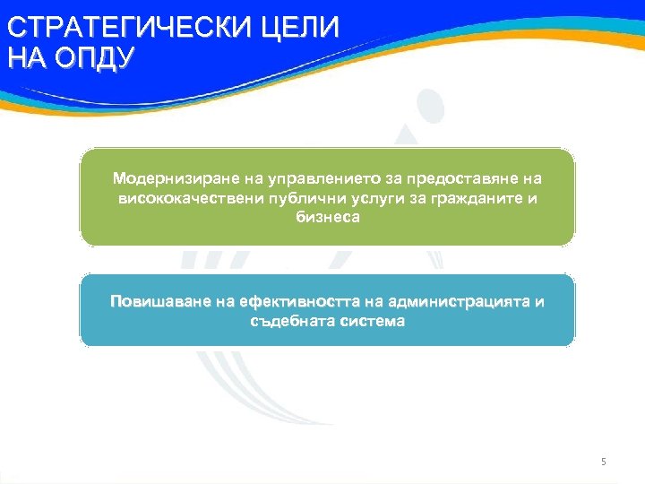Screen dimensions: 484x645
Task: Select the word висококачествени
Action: click(182, 198)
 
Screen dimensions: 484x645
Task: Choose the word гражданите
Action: click(472, 198)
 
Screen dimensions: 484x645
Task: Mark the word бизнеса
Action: click(327, 217)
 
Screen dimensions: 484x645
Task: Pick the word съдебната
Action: click(286, 320)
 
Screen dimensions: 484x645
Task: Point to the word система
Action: click(372, 320)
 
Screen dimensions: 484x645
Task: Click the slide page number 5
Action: click(604, 462)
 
